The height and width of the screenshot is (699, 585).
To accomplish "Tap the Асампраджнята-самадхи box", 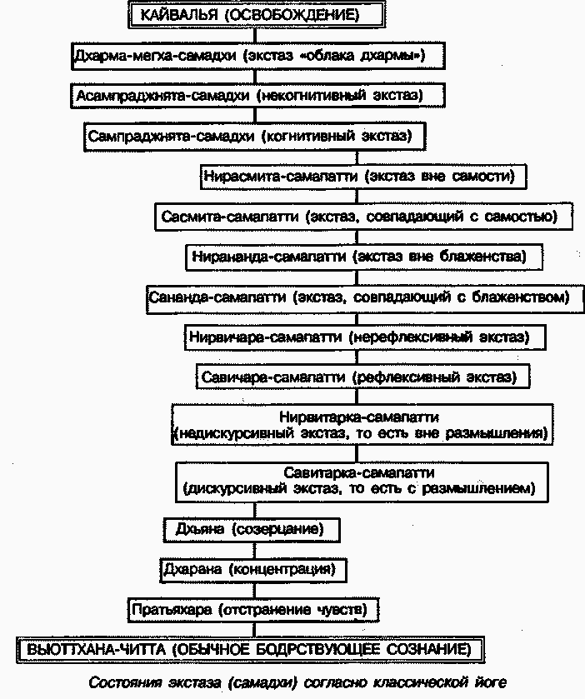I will coord(255,96).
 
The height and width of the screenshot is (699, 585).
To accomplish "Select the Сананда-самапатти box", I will coord(363,297).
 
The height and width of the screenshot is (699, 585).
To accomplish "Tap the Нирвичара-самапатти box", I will coord(365,337).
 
